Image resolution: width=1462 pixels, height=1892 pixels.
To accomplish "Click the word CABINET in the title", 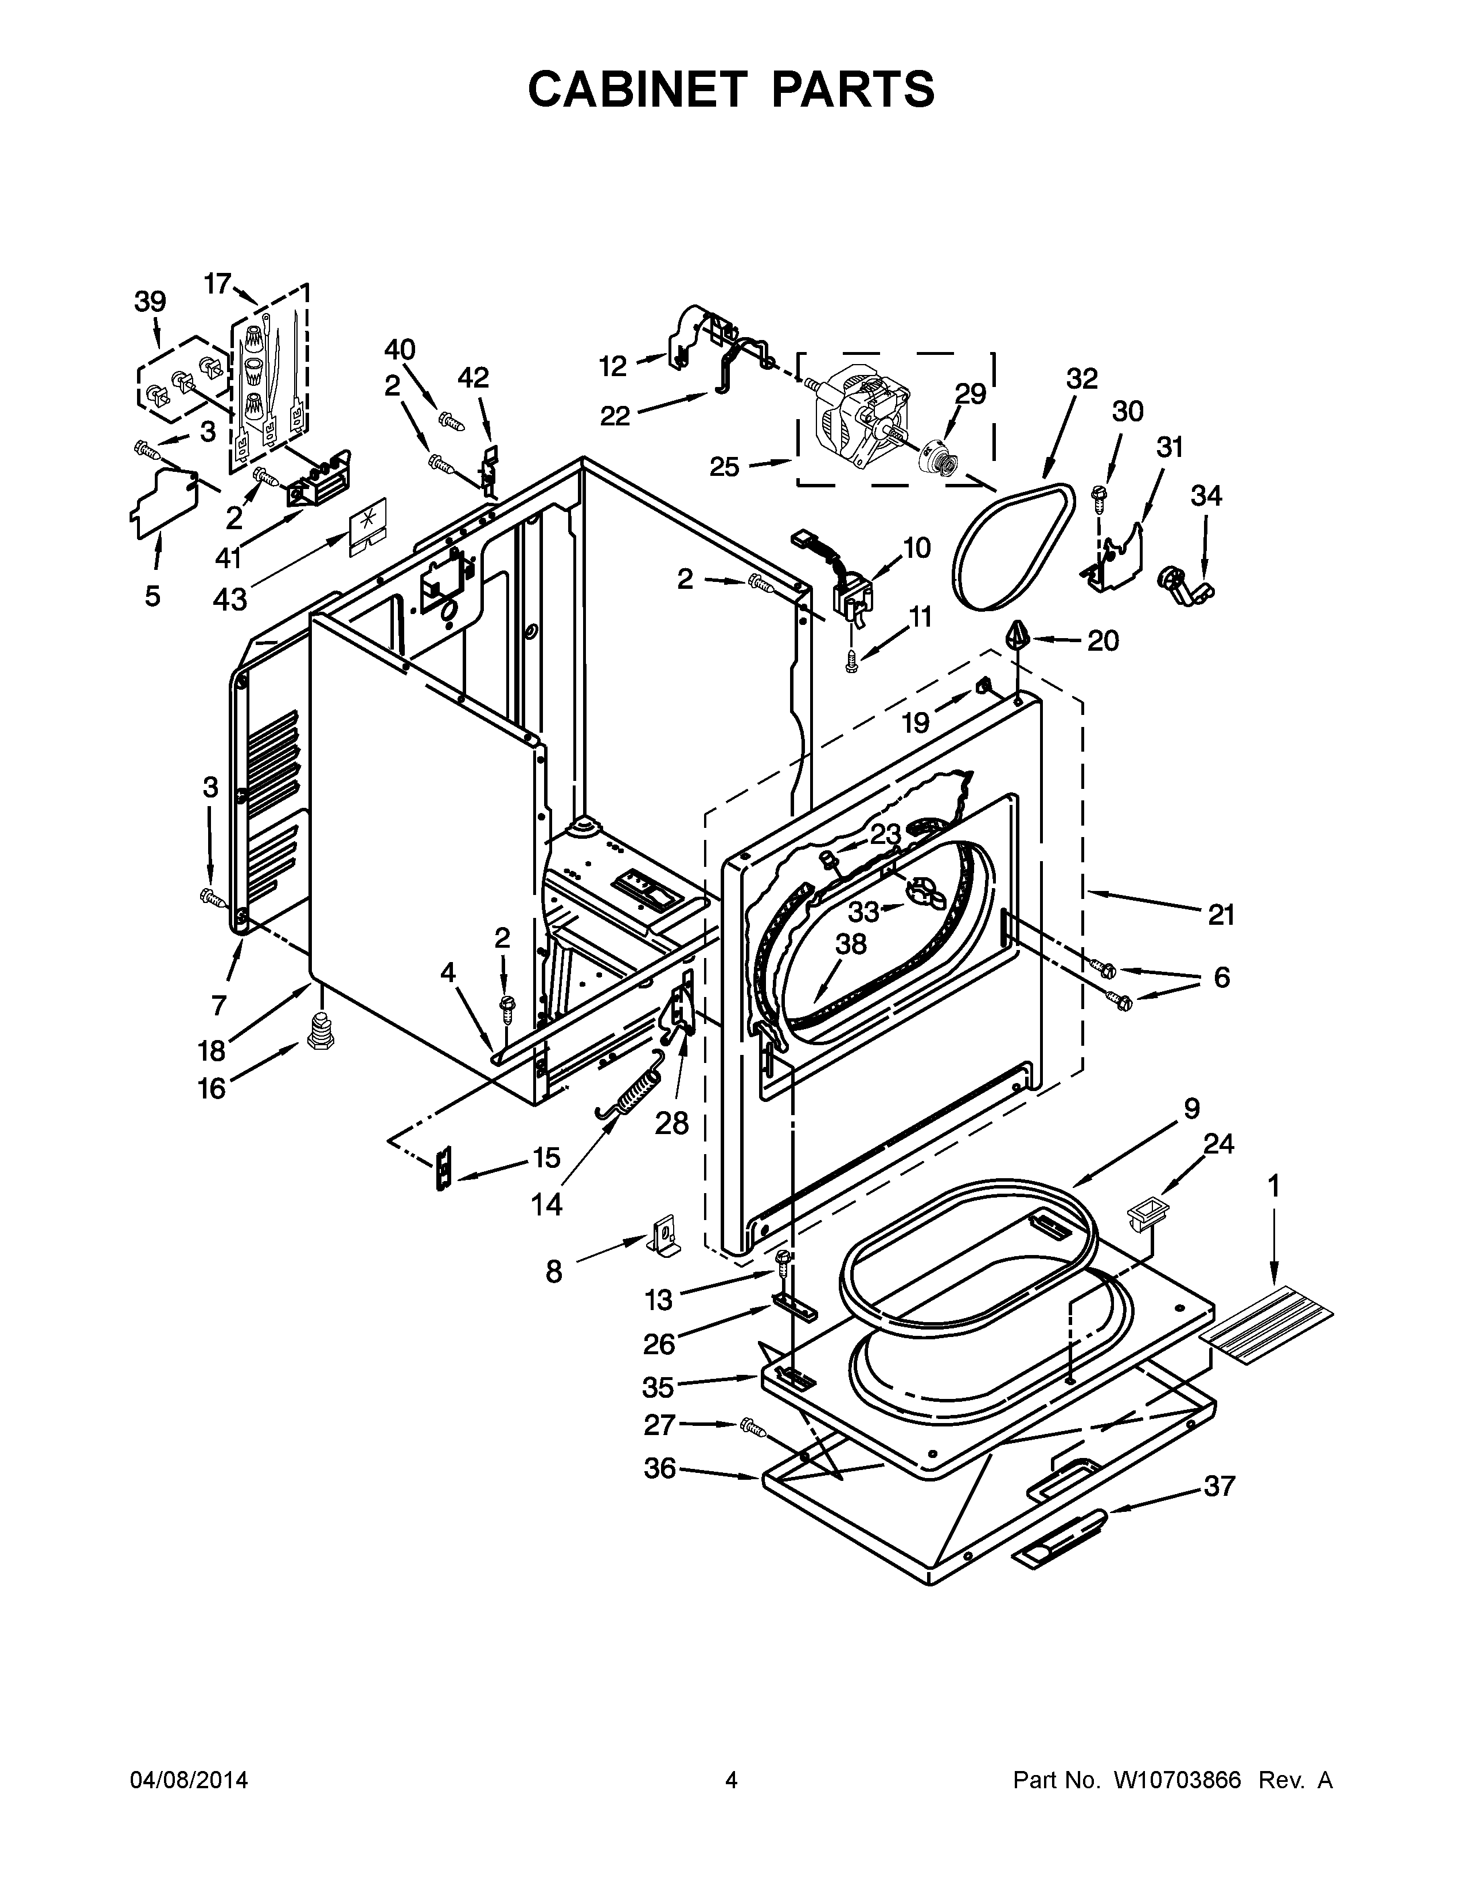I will pyautogui.click(x=636, y=89).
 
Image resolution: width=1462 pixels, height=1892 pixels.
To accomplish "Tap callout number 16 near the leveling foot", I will pyautogui.click(x=212, y=1088).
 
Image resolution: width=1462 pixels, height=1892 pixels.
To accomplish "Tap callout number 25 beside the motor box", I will pyautogui.click(x=725, y=468).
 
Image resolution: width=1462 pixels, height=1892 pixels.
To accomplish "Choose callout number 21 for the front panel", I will pyautogui.click(x=1221, y=915).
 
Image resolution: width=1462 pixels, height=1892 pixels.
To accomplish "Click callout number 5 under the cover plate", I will pyautogui.click(x=153, y=596).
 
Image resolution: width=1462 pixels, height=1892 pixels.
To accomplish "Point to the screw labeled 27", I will pyautogui.click(x=753, y=1427).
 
